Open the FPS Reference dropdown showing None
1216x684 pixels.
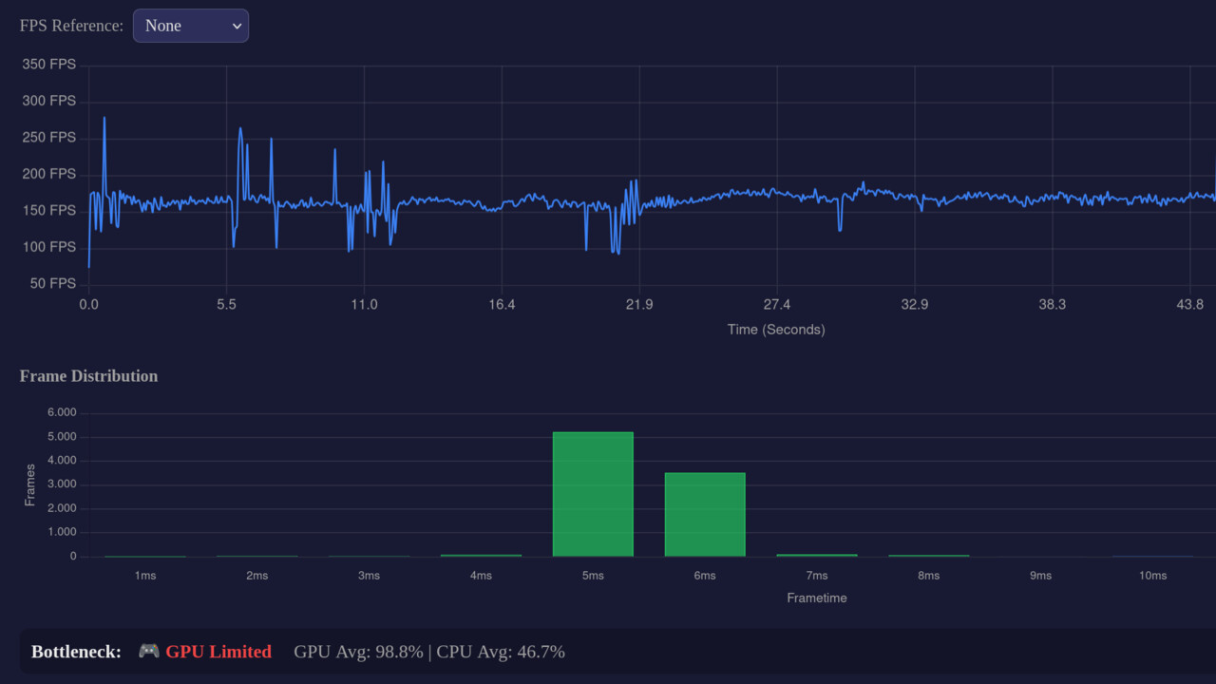coord(191,26)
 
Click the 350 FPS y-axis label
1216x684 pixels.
coord(48,65)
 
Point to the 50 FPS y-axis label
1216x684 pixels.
coord(52,283)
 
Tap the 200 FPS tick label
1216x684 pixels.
coord(48,174)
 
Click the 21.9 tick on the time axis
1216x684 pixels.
coord(638,305)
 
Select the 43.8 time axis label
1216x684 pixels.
coord(1189,305)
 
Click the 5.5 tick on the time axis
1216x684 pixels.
coord(226,305)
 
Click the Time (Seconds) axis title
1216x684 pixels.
coord(775,330)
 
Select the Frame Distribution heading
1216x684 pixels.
coord(88,376)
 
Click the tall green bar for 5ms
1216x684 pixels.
coord(593,494)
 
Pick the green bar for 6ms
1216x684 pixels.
coord(705,514)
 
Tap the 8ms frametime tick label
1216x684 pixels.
coord(928,576)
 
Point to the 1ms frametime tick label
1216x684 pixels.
coord(145,576)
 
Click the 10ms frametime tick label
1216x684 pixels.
coord(1152,576)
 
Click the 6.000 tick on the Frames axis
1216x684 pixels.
coord(60,413)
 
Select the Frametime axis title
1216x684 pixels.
coord(816,598)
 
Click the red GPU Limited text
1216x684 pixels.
coord(218,652)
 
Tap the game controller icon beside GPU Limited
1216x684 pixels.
coord(149,651)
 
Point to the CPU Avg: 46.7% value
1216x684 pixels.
coord(501,652)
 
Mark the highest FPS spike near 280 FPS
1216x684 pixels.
coord(104,119)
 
